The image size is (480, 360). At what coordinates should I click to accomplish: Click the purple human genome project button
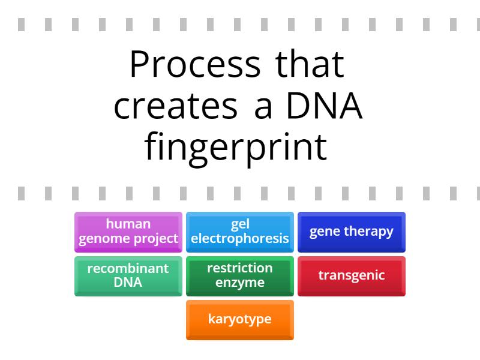tap(128, 232)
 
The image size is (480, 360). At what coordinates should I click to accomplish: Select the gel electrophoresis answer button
tap(239, 232)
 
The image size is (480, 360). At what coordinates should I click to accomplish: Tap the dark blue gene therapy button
tap(351, 232)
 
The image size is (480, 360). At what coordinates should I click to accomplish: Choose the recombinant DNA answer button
tap(128, 276)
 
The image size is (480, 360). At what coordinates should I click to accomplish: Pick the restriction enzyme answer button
tap(239, 276)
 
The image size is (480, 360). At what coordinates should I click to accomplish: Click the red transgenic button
tap(351, 276)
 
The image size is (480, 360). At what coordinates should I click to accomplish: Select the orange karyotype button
tap(239, 320)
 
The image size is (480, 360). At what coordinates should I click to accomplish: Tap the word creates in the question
tap(175, 106)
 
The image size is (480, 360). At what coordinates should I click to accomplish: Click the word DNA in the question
tap(324, 106)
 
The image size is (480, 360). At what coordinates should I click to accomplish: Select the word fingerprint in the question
tap(236, 148)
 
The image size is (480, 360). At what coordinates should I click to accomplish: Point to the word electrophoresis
tap(239, 239)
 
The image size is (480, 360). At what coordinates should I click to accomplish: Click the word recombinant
tap(128, 269)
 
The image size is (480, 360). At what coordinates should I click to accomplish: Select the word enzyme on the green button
tap(239, 283)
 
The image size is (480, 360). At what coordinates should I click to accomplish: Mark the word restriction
tap(239, 268)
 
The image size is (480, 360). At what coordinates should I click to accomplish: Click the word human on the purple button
tap(128, 224)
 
